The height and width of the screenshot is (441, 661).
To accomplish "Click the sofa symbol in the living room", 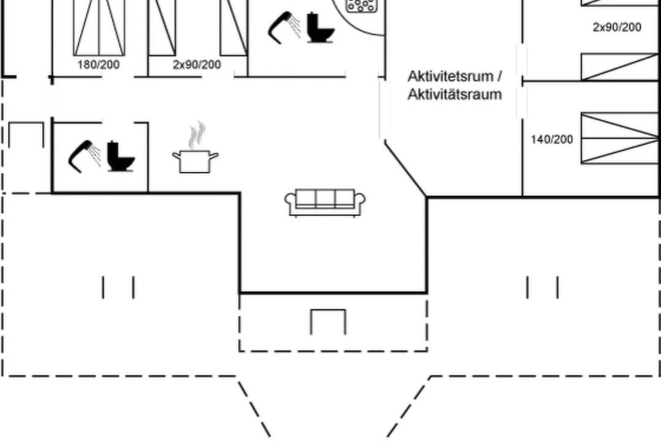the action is coord(325,203).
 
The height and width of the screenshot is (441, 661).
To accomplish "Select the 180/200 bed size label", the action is coord(98,64).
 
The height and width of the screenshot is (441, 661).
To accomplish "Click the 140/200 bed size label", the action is coord(552,139).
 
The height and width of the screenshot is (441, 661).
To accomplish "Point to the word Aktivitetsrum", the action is coord(450,77).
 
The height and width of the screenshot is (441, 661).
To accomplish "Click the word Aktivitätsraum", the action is coord(454,94).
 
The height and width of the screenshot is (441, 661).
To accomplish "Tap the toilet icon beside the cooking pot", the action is coord(121,156).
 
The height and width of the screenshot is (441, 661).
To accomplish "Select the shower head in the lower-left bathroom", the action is coord(84,156).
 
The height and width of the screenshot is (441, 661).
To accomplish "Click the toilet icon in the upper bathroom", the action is coord(321,28).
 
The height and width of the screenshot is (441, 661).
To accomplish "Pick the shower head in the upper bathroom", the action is coord(284,28).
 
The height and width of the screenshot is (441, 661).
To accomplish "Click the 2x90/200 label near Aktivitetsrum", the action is coord(617,27).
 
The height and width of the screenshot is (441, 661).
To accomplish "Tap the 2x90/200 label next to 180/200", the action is coord(197,64).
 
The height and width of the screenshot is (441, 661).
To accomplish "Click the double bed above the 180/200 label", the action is coord(99,28).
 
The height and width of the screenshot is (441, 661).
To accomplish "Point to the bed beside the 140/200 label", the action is coord(619,138).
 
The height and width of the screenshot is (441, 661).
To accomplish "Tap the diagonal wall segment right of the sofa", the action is coord(406,170).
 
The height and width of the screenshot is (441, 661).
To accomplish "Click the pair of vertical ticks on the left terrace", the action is coord(118,287).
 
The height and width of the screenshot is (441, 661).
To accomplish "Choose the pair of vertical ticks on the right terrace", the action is coord(542,287).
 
